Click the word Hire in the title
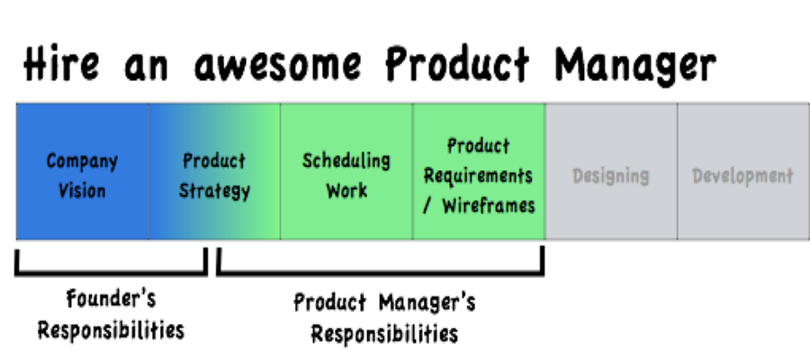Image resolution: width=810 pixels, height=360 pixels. (61, 63)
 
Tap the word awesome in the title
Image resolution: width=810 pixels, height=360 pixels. (277, 66)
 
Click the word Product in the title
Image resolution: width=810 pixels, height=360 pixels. (457, 64)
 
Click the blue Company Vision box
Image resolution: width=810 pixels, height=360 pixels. (82, 172)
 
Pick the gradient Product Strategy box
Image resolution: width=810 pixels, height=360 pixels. (215, 172)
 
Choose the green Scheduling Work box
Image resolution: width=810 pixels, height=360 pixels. (346, 172)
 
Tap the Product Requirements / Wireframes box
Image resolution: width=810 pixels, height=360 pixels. (479, 172)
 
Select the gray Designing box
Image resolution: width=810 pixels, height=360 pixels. (611, 172)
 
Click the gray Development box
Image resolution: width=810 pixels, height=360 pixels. (743, 172)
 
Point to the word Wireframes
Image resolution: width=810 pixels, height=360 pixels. (488, 206)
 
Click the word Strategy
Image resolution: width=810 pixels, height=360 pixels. (214, 191)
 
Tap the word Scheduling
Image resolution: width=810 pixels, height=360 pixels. (346, 161)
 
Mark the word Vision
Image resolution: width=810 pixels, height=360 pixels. (82, 191)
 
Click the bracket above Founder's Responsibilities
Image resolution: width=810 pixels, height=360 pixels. (111, 271)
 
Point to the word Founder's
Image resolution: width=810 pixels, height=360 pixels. (111, 299)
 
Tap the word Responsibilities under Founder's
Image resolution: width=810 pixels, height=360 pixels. (111, 330)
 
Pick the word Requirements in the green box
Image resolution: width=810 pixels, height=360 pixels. (478, 176)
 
